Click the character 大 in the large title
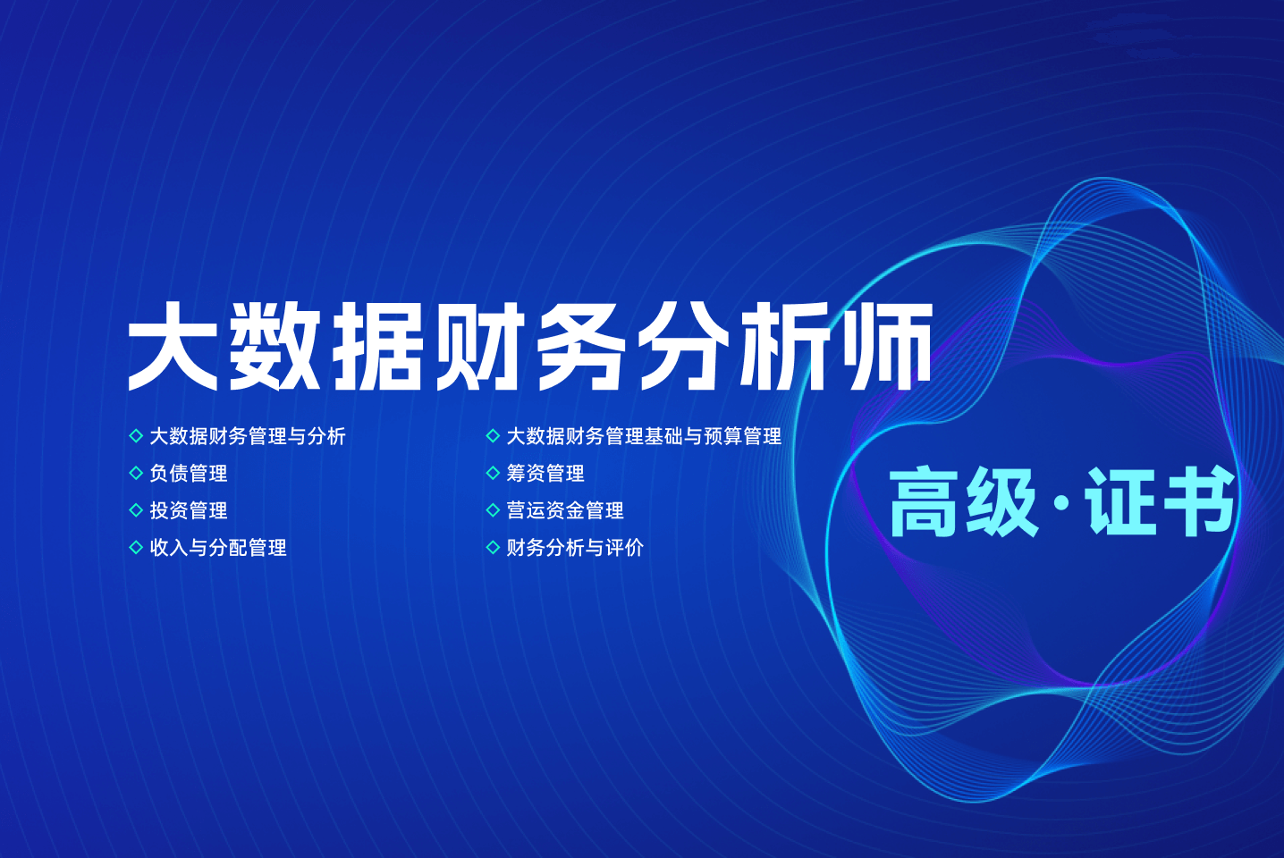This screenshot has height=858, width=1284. pyautogui.click(x=173, y=346)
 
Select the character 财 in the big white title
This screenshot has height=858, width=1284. pyautogui.click(x=480, y=346)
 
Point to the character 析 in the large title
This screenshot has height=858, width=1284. pyautogui.click(x=785, y=346)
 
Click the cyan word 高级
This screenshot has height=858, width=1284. pyautogui.click(x=964, y=502)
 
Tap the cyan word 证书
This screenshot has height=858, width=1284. pyautogui.click(x=1160, y=502)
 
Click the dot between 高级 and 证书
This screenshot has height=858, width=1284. pyautogui.click(x=1061, y=503)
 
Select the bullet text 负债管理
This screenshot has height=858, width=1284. pyautogui.click(x=189, y=473)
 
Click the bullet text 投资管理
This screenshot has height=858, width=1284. pyautogui.click(x=189, y=510)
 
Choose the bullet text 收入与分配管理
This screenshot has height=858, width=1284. pyautogui.click(x=218, y=547)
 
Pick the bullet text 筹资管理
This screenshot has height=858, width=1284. pyautogui.click(x=545, y=473)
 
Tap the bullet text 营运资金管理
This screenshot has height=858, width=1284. pyautogui.click(x=565, y=510)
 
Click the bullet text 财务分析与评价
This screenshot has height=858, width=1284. pyautogui.click(x=575, y=547)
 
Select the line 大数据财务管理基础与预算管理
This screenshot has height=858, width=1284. pyautogui.click(x=644, y=436)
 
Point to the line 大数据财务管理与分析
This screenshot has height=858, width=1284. pyautogui.click(x=248, y=436)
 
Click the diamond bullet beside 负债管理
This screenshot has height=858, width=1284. pyautogui.click(x=136, y=473)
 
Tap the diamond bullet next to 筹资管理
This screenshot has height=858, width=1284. pyautogui.click(x=493, y=473)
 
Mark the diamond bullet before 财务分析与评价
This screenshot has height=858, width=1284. pyautogui.click(x=493, y=547)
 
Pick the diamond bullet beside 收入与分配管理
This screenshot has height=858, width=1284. pyautogui.click(x=136, y=547)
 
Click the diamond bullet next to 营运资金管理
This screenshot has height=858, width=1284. pyautogui.click(x=493, y=510)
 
